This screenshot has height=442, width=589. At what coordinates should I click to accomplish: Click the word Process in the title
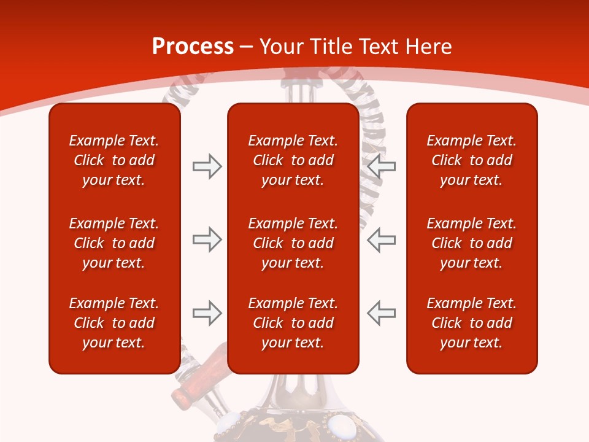(193, 47)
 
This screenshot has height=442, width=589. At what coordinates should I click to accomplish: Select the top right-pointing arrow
(207, 166)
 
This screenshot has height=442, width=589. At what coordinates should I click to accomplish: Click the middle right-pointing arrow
(207, 239)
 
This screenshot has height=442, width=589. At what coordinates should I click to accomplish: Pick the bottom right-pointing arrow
(207, 313)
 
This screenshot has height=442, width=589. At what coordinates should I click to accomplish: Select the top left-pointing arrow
(382, 166)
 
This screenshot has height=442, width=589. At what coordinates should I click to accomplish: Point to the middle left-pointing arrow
(382, 239)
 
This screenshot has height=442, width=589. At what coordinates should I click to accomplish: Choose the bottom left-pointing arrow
(382, 313)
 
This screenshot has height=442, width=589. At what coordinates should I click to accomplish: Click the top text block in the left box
(114, 160)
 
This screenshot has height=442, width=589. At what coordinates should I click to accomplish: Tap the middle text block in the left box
(114, 243)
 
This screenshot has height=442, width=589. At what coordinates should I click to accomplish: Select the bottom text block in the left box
(114, 323)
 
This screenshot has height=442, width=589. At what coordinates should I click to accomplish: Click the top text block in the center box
(293, 160)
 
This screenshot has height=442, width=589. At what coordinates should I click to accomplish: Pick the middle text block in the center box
(293, 243)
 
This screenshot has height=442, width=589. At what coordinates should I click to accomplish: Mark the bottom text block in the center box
(293, 323)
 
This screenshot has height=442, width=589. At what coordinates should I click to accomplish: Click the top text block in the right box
(471, 160)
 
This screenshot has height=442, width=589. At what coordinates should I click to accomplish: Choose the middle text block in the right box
(471, 243)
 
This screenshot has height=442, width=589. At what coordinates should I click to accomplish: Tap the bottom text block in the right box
(471, 323)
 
